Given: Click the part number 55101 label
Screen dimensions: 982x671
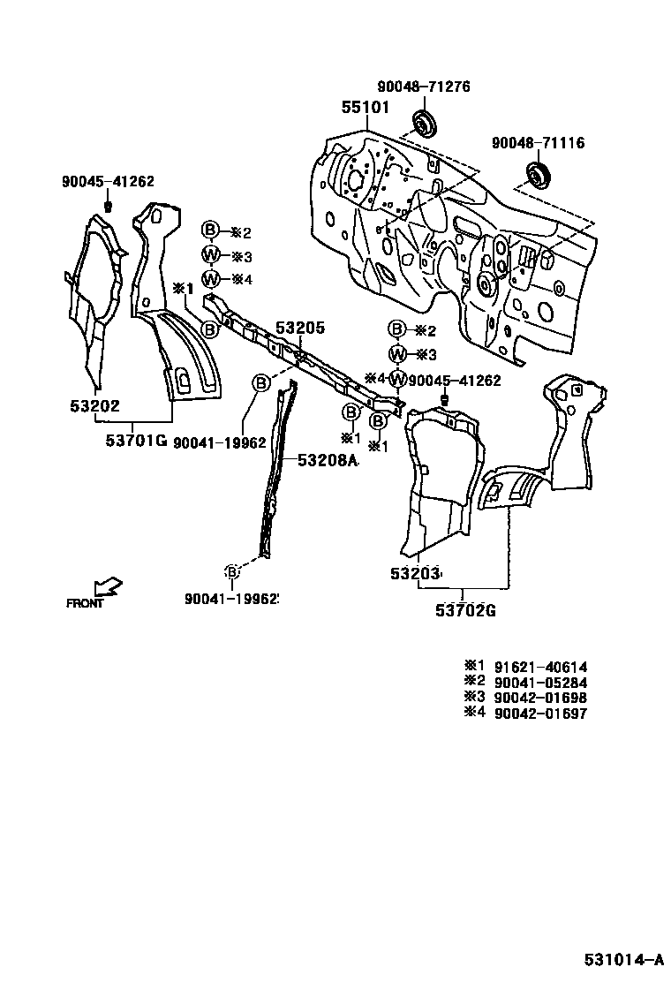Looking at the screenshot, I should click(366, 108).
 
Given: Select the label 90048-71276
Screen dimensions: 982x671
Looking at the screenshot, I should click(424, 87).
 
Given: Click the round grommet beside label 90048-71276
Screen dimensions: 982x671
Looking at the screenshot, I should click(424, 124).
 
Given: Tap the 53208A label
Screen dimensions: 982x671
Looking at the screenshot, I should click(327, 460).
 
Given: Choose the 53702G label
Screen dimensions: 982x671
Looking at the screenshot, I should click(464, 609).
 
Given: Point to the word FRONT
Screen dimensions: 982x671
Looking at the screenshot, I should click(85, 604).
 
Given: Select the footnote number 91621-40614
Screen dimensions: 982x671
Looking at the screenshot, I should click(540, 668).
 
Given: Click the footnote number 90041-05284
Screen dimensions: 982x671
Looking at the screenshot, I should click(540, 683).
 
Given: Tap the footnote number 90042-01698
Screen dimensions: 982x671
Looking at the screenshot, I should click(540, 698).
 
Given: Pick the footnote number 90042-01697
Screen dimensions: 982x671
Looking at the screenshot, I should click(540, 713).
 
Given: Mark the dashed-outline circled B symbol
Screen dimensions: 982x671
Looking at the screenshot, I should click(231, 572).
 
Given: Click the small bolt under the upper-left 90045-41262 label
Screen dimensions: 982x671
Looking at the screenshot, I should click(108, 206).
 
